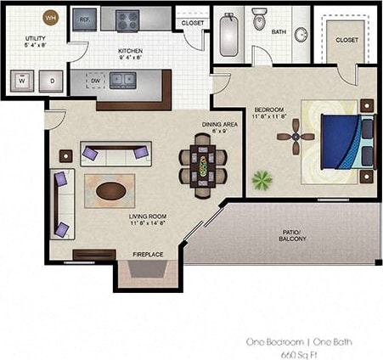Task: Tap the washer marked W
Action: coord(21,82)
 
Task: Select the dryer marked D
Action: coord(51,82)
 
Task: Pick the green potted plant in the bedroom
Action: coord(262,181)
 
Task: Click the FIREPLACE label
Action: coord(148,254)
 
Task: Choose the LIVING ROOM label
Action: coord(149,217)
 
